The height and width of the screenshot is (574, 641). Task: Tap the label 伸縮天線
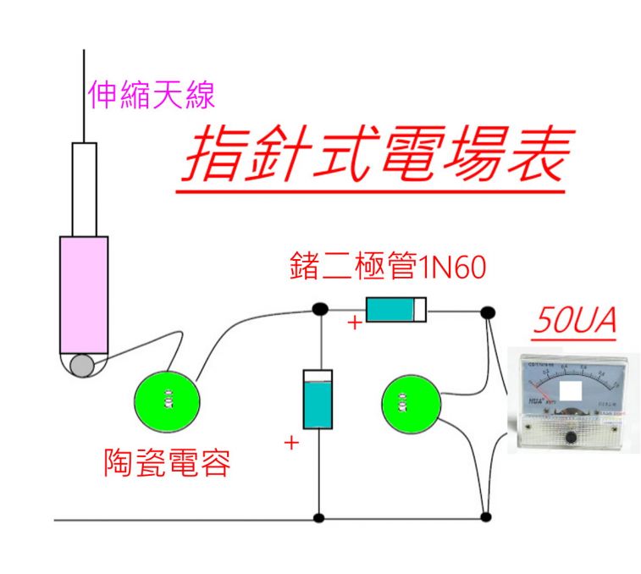tap(152, 96)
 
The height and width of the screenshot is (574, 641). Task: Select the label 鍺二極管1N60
tap(387, 268)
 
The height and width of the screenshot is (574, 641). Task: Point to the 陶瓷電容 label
tap(167, 462)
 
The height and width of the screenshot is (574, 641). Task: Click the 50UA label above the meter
tap(575, 323)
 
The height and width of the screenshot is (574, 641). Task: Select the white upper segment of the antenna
tap(85, 189)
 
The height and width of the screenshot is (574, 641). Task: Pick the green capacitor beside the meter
tap(412, 404)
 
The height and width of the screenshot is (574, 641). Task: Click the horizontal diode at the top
tap(395, 310)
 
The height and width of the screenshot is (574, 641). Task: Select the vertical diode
tap(318, 400)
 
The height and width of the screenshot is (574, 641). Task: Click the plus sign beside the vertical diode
tap(291, 441)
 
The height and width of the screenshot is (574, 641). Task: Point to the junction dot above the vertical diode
tap(319, 310)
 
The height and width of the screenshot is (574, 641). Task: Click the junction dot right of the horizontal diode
tap(487, 313)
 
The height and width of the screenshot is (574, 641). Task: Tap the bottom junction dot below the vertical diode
tap(318, 517)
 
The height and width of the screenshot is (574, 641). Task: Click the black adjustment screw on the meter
tap(572, 437)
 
